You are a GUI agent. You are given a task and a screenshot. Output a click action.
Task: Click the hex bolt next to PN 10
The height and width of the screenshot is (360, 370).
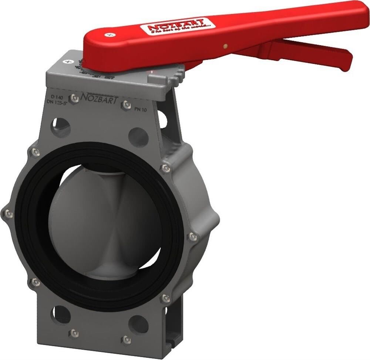(126, 105)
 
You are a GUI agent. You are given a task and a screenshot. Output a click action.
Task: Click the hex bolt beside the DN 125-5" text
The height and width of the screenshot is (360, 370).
(74, 98)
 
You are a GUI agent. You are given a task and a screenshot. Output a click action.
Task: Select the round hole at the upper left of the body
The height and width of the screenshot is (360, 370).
(60, 126)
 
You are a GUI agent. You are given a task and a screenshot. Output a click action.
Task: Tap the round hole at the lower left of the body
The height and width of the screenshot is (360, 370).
(61, 314)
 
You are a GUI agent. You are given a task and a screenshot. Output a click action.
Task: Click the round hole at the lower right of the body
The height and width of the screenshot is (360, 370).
(139, 324)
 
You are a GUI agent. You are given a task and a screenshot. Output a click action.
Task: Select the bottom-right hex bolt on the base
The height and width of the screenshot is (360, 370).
(127, 339)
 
